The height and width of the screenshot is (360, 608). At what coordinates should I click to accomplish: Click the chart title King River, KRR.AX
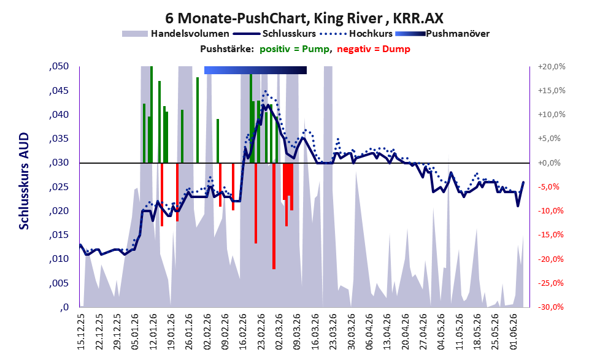click(x=304, y=18)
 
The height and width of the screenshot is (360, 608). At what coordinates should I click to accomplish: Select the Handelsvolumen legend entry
click(x=175, y=34)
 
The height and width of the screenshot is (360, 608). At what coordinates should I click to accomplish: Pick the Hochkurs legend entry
click(x=356, y=34)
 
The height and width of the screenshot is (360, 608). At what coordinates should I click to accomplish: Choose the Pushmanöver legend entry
click(x=442, y=34)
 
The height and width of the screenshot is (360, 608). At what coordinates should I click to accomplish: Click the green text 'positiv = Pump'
click(x=294, y=49)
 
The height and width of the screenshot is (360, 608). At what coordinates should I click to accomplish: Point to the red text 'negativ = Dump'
click(x=374, y=49)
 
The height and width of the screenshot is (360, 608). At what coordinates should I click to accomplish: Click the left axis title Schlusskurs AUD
click(x=24, y=181)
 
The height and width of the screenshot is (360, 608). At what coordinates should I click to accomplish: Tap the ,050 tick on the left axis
click(x=60, y=66)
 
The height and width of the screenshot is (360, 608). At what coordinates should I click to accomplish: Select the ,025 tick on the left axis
click(x=60, y=187)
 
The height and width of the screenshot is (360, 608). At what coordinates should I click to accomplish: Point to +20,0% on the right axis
click(x=552, y=67)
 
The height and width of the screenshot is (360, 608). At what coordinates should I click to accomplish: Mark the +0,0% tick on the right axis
click(x=550, y=163)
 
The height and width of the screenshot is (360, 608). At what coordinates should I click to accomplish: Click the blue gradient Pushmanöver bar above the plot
click(x=255, y=70)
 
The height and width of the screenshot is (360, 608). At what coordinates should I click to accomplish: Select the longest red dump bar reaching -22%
click(x=274, y=216)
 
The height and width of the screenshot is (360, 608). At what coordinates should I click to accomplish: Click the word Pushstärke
click(x=227, y=49)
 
